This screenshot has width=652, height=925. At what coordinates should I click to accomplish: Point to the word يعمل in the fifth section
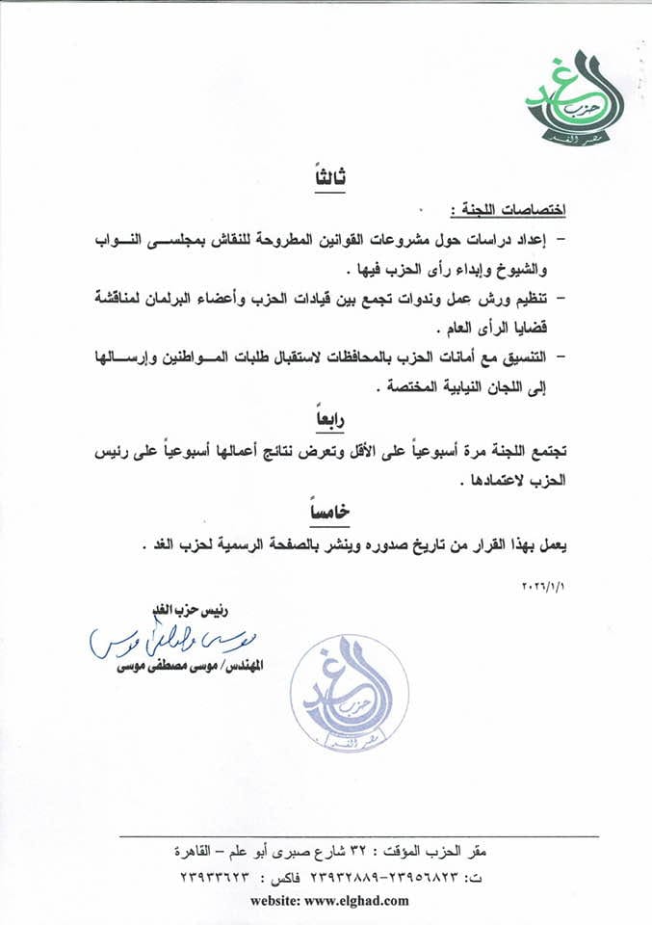547,544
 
